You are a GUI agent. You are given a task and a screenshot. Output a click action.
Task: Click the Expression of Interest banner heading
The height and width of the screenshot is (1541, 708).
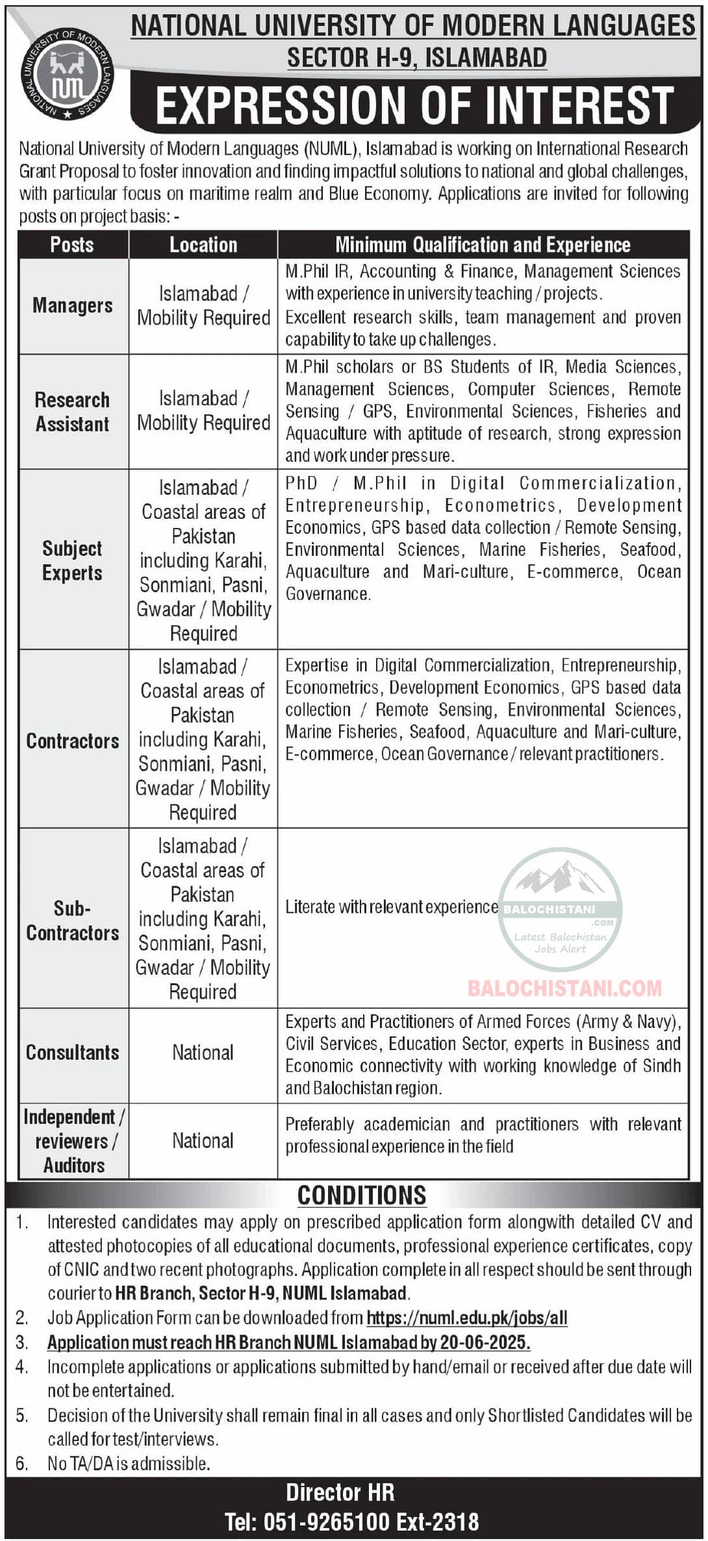(x=414, y=106)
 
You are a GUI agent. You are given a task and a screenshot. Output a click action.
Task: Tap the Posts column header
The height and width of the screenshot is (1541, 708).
(x=72, y=245)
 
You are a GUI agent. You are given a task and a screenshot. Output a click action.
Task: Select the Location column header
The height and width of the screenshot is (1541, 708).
(x=203, y=245)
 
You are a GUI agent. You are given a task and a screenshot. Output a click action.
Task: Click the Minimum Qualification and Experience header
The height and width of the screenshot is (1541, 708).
(x=483, y=245)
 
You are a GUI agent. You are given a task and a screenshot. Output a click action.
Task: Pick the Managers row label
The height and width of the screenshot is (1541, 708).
(x=73, y=305)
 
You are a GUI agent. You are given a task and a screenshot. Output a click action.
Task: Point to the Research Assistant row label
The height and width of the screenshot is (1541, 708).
(x=72, y=412)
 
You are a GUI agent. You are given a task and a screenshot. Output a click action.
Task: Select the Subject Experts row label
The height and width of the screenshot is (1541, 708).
(x=72, y=560)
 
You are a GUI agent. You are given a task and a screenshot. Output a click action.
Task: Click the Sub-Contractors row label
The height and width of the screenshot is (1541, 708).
(x=72, y=920)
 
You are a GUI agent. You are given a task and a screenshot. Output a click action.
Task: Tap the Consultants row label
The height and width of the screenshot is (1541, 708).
(x=72, y=1052)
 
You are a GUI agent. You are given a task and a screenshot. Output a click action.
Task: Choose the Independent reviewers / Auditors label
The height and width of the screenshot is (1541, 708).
(x=73, y=1141)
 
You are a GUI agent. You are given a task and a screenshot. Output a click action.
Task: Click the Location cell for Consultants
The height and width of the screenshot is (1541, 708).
(x=203, y=1052)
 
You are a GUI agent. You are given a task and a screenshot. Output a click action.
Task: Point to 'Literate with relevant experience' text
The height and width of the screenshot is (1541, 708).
(x=391, y=907)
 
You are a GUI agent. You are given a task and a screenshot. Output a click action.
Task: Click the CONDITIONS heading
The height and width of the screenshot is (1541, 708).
(x=362, y=1195)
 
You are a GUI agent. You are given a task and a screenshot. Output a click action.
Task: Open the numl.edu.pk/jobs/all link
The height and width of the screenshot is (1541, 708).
(x=467, y=1318)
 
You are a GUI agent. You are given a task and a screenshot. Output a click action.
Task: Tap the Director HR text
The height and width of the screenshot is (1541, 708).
(x=340, y=1492)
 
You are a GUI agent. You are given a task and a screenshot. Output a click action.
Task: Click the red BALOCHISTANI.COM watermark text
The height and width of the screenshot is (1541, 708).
(x=564, y=988)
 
